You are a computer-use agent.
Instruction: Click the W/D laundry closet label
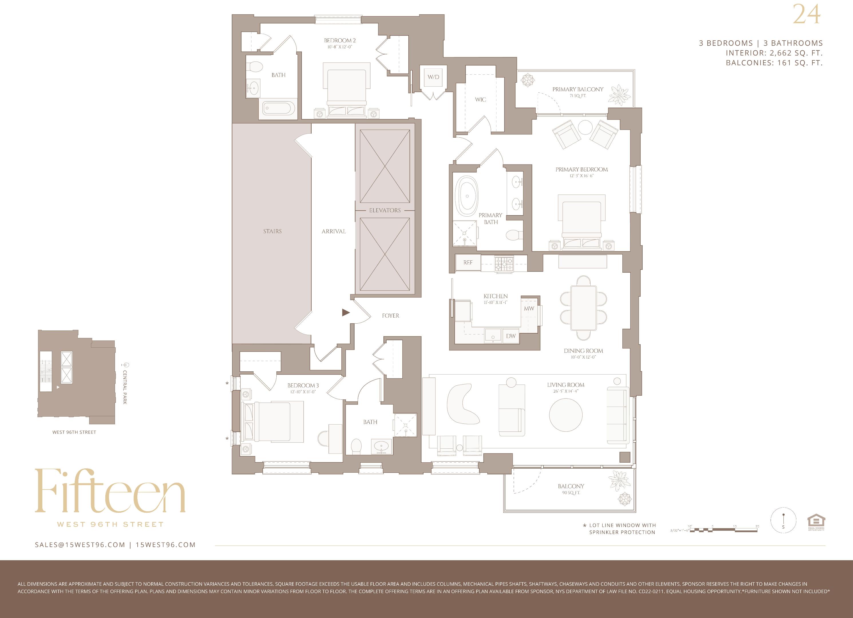pyautogui.click(x=433, y=77)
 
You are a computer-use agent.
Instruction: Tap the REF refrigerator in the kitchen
pyautogui.click(x=468, y=263)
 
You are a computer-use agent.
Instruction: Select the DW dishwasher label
pyautogui.click(x=511, y=336)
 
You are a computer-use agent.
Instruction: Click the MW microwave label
pyautogui.click(x=529, y=308)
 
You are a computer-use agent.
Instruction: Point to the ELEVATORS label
pyautogui.click(x=385, y=210)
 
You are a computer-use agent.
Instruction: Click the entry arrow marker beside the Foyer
pyautogui.click(x=346, y=312)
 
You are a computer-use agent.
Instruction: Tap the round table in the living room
pyautogui.click(x=566, y=415)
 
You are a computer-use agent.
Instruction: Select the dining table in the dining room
pyautogui.click(x=583, y=308)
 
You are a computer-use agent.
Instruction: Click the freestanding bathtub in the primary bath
pyautogui.click(x=467, y=196)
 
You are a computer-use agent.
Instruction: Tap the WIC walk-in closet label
pyautogui.click(x=480, y=100)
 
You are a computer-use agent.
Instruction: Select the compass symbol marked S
pyautogui.click(x=783, y=521)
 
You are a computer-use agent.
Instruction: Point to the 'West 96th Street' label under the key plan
pyautogui.click(x=74, y=432)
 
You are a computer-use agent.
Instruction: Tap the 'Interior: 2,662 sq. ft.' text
pyautogui.click(x=774, y=53)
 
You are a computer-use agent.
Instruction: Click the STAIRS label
pyautogui.click(x=272, y=231)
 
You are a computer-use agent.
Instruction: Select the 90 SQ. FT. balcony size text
pyautogui.click(x=571, y=493)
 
